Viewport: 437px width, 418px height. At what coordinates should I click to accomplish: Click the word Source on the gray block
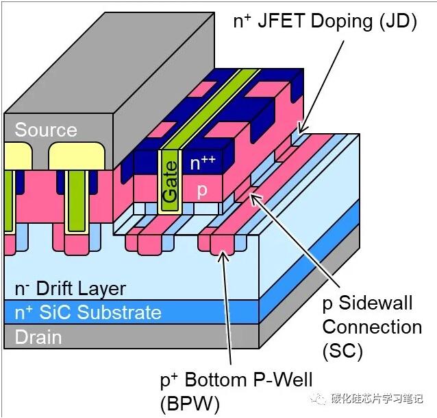pyautogui.click(x=46, y=130)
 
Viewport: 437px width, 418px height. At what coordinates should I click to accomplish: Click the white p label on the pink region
pyautogui.click(x=202, y=190)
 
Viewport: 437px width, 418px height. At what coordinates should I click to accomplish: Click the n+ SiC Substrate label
pyautogui.click(x=88, y=313)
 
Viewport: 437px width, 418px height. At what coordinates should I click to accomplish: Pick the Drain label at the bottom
pyautogui.click(x=38, y=337)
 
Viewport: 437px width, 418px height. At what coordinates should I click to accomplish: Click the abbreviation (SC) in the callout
pyautogui.click(x=342, y=351)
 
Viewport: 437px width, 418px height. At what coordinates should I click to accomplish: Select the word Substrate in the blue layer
pyautogui.click(x=119, y=313)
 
